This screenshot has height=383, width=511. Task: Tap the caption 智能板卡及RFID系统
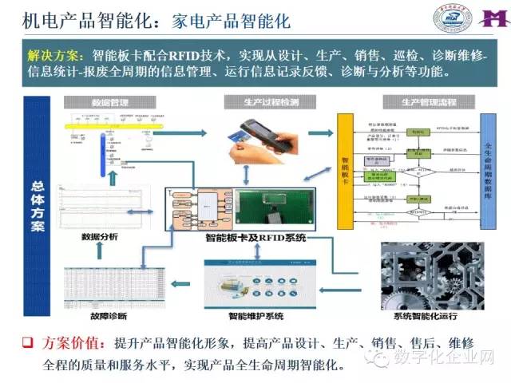tap(255, 237)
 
